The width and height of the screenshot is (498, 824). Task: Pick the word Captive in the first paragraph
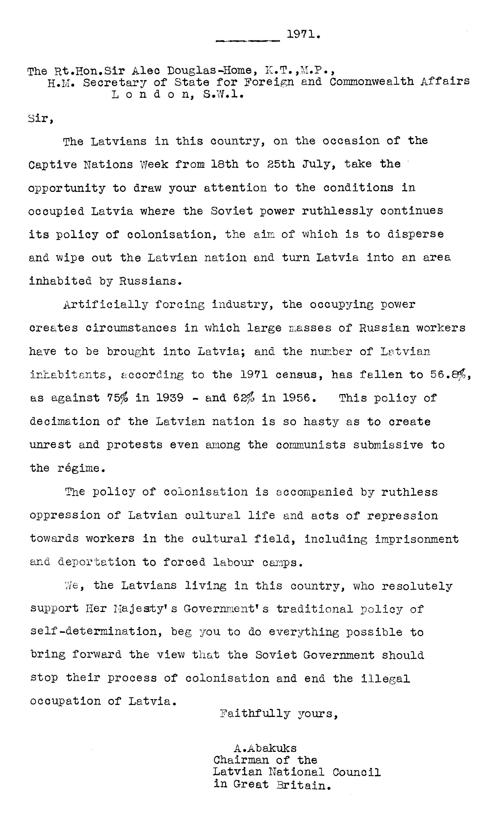53,165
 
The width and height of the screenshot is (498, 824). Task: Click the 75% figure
117,398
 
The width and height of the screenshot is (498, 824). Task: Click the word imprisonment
416,539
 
